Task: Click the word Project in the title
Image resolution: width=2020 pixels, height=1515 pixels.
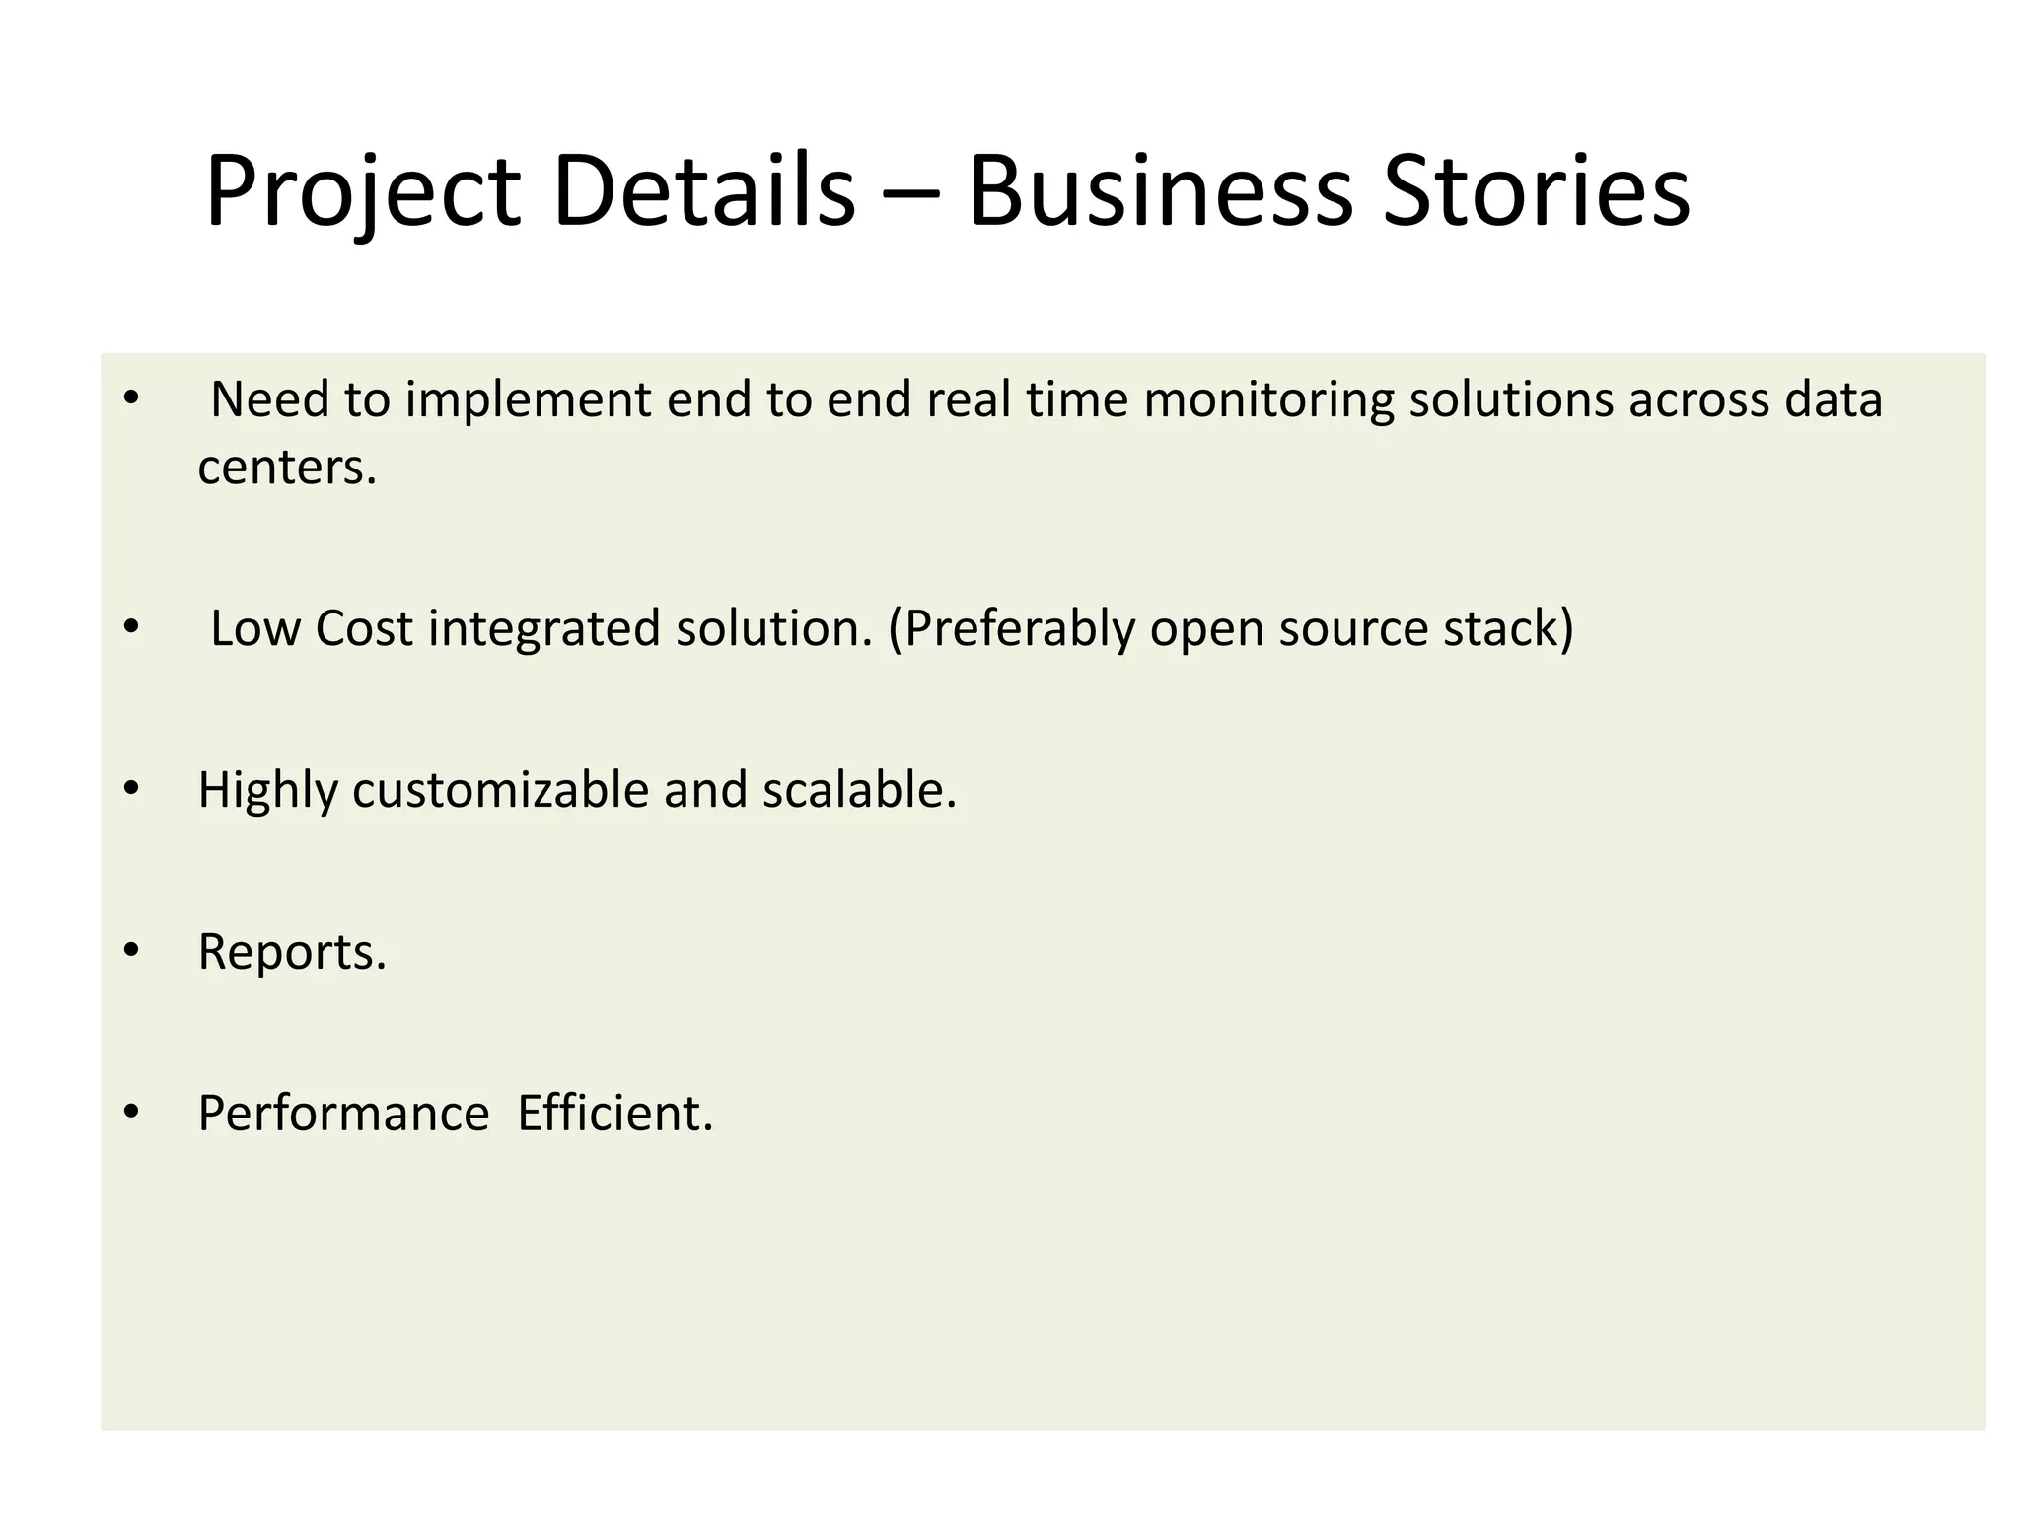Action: [x=362, y=192]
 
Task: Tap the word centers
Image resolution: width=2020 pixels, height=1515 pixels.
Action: [x=286, y=468]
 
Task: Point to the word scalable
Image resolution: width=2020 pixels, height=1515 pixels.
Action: [x=858, y=790]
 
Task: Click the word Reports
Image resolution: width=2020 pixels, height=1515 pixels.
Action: [x=291, y=953]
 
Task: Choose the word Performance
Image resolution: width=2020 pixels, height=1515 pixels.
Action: [x=343, y=1114]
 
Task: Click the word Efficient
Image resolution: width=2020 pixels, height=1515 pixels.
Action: [x=613, y=1114]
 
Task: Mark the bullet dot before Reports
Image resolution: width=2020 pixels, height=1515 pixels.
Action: [x=132, y=950]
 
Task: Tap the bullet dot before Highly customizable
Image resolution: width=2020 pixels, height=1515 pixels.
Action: [x=132, y=788]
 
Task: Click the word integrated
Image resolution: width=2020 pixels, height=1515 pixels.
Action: [x=543, y=629]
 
